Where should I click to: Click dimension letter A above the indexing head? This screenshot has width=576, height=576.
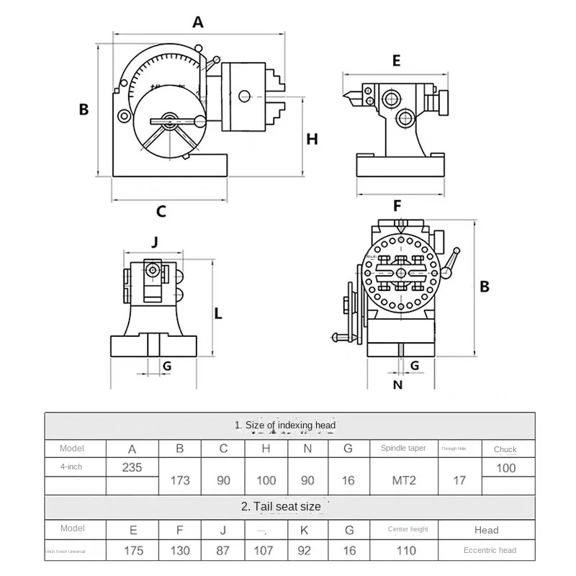click(198, 22)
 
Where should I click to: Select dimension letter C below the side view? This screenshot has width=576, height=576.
click(161, 211)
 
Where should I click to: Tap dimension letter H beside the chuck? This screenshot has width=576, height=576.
click(312, 139)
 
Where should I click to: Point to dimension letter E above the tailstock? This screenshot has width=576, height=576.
click(396, 61)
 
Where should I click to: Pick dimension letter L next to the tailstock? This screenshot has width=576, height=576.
click(218, 314)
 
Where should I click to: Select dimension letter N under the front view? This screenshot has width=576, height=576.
click(397, 384)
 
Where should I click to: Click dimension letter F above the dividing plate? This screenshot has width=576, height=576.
click(397, 206)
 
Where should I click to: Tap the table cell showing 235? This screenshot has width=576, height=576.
click(132, 467)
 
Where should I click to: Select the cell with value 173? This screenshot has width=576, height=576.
click(180, 480)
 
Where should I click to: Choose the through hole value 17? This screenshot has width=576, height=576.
click(459, 480)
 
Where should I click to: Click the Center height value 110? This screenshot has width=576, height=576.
click(408, 551)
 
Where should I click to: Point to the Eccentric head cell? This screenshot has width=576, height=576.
click(490, 551)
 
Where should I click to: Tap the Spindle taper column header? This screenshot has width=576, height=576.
click(403, 448)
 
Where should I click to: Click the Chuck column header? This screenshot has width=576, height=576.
click(505, 449)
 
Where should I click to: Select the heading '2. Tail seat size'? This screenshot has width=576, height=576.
click(282, 506)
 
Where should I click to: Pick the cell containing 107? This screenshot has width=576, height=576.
click(265, 551)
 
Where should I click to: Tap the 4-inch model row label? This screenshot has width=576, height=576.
click(71, 467)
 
